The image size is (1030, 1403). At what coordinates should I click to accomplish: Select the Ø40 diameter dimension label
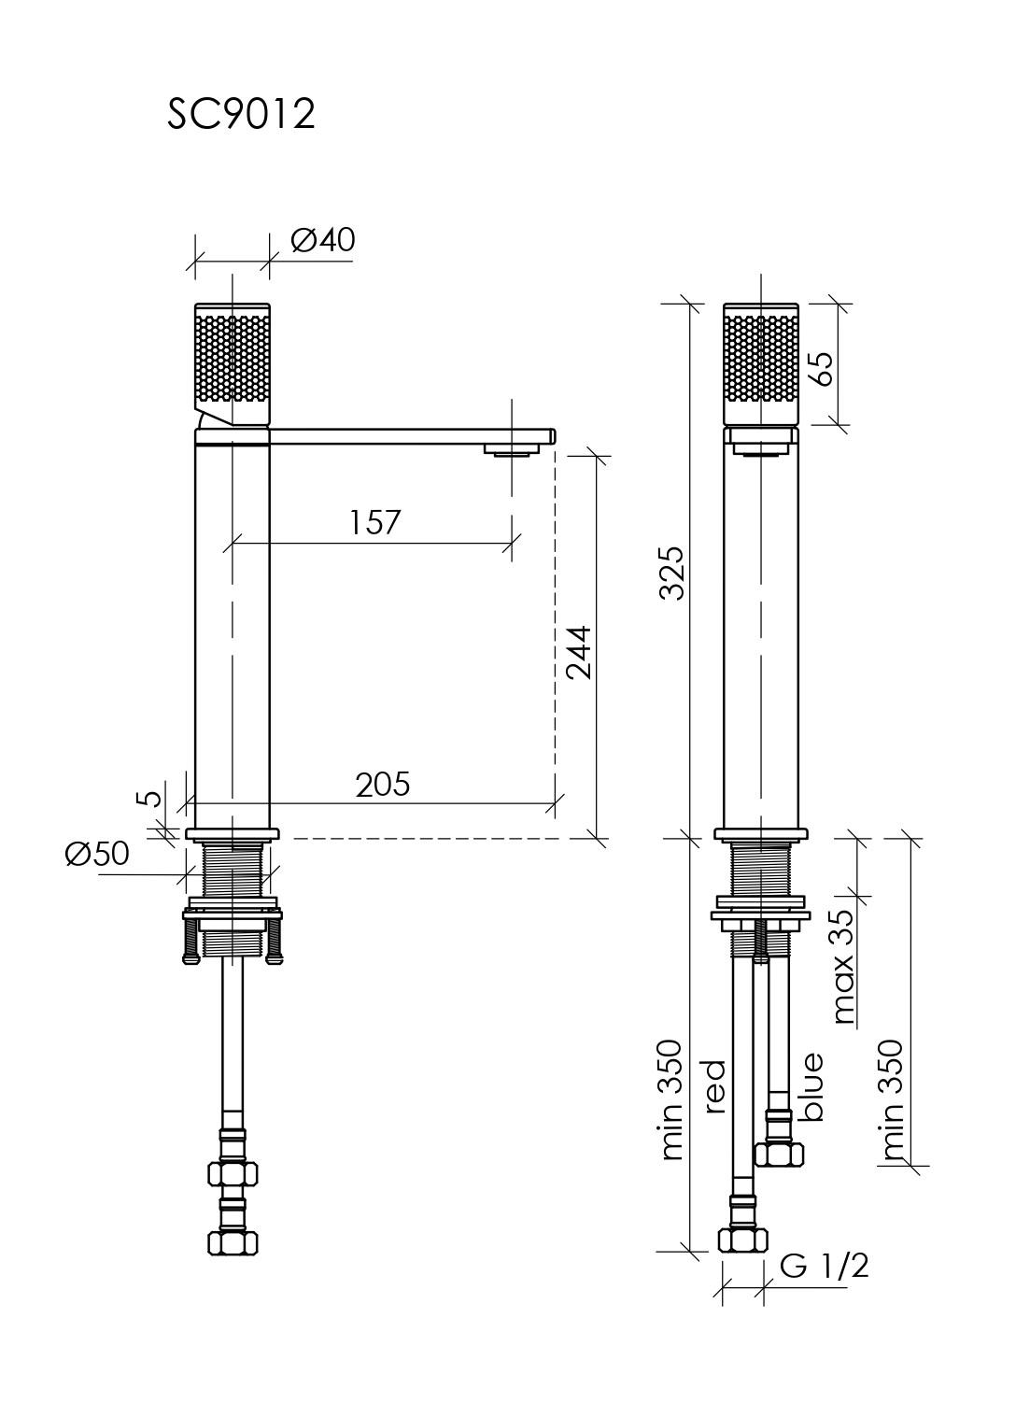[323, 239]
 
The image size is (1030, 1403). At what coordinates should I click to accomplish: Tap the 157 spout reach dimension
[374, 522]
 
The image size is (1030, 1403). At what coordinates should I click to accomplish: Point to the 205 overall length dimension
[383, 785]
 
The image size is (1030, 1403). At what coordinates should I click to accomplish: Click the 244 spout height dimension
[579, 652]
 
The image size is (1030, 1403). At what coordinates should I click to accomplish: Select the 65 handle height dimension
[822, 369]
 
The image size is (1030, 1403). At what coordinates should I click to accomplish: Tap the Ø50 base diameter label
[97, 853]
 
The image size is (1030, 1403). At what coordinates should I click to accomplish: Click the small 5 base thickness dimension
[150, 798]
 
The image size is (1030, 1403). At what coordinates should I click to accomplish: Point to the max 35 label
[843, 967]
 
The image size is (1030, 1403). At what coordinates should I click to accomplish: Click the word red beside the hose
[714, 1086]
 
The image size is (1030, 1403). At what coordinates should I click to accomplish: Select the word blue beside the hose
[812, 1086]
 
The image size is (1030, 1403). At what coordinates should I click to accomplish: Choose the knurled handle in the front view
[761, 364]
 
